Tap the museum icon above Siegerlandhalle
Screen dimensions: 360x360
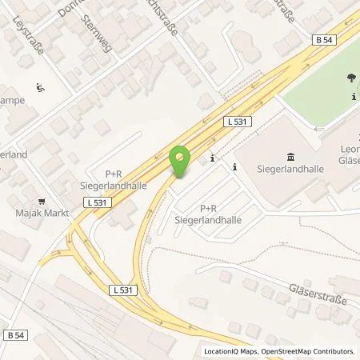pyautogui.click(x=289, y=155)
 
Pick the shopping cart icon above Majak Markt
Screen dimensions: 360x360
pyautogui.click(x=41, y=202)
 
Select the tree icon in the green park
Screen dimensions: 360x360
pyautogui.click(x=350, y=78)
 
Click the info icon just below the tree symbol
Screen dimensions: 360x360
pyautogui.click(x=354, y=97)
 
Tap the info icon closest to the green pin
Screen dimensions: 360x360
pyautogui.click(x=211, y=158)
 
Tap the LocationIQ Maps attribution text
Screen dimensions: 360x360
pyautogui.click(x=232, y=351)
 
